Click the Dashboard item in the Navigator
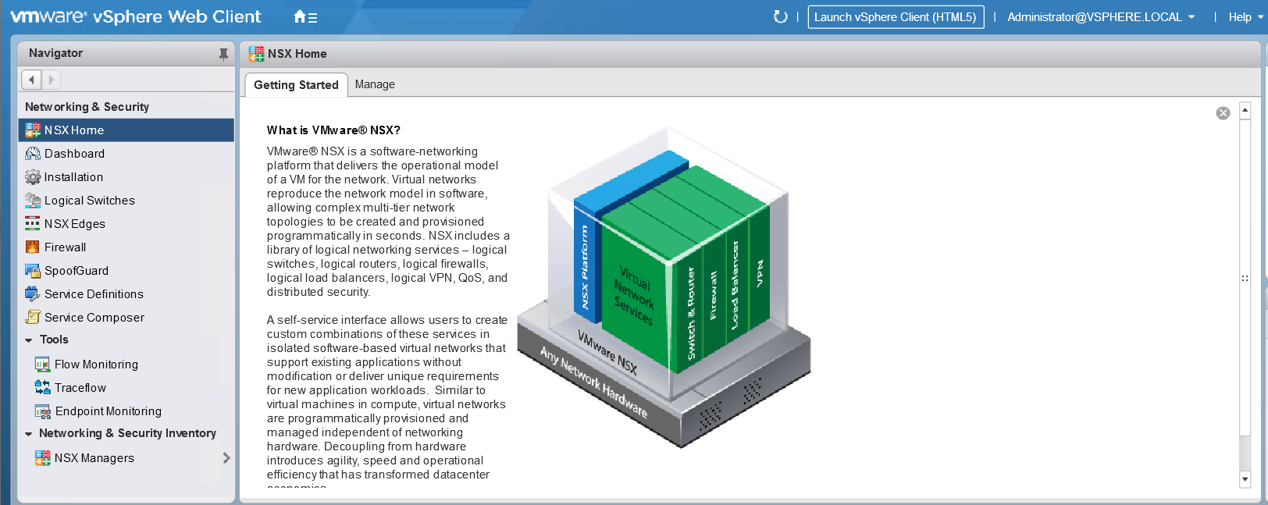point(74,154)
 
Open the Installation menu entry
point(73,177)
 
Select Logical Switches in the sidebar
point(90,201)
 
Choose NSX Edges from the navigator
point(75,224)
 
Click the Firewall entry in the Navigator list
point(65,247)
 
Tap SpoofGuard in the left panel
point(77,271)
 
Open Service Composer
point(94,318)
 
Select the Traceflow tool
point(80,388)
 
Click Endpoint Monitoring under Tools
point(108,411)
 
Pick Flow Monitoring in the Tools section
point(96,364)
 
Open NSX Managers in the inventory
point(94,458)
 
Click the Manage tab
point(375,84)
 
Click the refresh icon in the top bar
point(780,17)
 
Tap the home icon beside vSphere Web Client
point(305,17)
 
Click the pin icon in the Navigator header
point(223,54)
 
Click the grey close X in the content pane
point(1223,113)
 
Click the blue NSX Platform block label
point(585,267)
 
